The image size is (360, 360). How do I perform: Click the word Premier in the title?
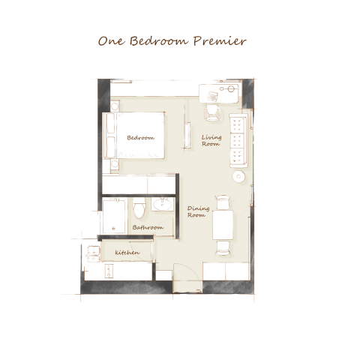(220, 40)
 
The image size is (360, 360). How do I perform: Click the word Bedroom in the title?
(158, 40)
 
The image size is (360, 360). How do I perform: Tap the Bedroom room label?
(140, 138)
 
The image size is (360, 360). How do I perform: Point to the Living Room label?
(211, 140)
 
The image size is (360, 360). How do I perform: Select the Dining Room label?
(198, 211)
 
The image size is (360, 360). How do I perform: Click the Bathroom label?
(148, 227)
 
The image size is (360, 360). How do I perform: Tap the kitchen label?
(127, 253)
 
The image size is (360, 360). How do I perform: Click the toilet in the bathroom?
(139, 208)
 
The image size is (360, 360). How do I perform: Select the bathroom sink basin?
(163, 205)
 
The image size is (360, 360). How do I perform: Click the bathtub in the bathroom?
(114, 216)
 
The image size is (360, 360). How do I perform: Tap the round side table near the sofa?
(238, 176)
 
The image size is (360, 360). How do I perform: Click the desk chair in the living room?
(212, 112)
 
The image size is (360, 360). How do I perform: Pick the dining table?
(223, 225)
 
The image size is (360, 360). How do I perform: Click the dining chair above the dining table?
(223, 202)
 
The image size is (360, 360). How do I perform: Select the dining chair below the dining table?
(223, 248)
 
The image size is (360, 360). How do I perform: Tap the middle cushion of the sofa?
(237, 140)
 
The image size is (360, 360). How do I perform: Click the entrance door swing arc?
(190, 269)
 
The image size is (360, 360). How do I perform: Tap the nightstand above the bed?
(115, 106)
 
